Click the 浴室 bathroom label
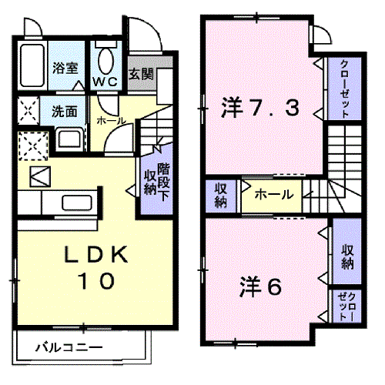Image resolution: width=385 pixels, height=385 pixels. (64, 67)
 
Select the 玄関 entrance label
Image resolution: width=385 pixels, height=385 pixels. (141, 75)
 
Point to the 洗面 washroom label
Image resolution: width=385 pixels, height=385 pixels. (64, 110)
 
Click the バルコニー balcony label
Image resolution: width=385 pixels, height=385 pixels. (69, 348)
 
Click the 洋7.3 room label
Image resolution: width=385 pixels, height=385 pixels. (259, 109)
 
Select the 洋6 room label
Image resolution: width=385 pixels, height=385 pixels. (259, 286)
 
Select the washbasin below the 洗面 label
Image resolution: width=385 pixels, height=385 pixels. (67, 140)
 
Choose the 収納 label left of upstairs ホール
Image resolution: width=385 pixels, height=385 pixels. (221, 195)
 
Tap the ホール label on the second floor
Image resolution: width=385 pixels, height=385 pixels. (273, 195)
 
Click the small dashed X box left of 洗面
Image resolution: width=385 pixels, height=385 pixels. (28, 109)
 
